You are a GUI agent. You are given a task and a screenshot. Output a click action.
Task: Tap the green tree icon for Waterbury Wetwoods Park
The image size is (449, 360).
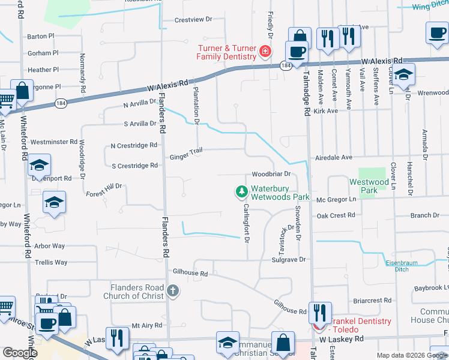tap(241, 192)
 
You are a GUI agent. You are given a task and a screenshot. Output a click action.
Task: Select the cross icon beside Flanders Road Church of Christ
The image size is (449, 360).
tap(172, 292)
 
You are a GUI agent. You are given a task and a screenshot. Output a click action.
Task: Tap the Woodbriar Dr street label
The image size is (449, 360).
tap(271, 174)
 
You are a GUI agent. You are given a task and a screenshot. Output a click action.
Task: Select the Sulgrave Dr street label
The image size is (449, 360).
tap(289, 260)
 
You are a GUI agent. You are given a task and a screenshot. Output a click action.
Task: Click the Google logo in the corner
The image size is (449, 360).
tap(20, 353)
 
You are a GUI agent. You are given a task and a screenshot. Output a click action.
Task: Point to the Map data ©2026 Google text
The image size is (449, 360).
tap(411, 355)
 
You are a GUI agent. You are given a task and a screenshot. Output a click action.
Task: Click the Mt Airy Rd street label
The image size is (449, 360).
tap(147, 325)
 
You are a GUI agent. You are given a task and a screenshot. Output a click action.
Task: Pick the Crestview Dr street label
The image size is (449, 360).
tap(193, 19)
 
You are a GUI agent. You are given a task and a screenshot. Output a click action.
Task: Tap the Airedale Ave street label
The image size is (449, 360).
tap(334, 157)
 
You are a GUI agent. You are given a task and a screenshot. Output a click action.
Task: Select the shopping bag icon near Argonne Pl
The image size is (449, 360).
tap(22, 92)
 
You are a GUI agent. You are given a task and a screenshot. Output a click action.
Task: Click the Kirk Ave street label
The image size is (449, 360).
tap(326, 111)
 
